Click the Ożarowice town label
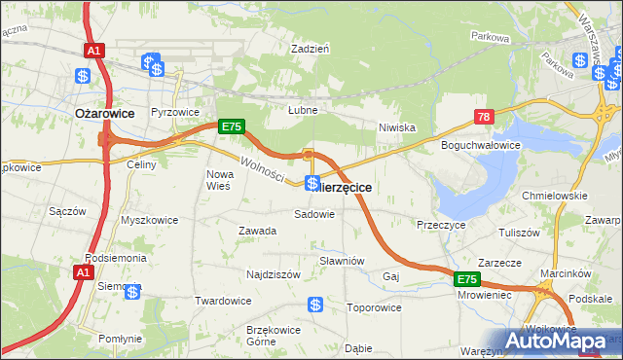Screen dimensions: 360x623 [104, 113]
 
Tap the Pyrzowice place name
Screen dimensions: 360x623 [175, 113]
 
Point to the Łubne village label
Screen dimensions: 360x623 [303, 110]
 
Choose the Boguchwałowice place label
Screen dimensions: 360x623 [481, 145]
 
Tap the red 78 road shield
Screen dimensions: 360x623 [485, 118]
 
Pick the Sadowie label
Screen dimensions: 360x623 [314, 213]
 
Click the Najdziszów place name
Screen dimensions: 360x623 [273, 275]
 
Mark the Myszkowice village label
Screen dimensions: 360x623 [149, 220]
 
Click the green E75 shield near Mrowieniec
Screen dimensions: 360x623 [467, 279]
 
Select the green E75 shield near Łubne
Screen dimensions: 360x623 [231, 126]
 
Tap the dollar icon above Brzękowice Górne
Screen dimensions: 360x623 [315, 306]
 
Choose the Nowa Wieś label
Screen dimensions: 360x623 [219, 180]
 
